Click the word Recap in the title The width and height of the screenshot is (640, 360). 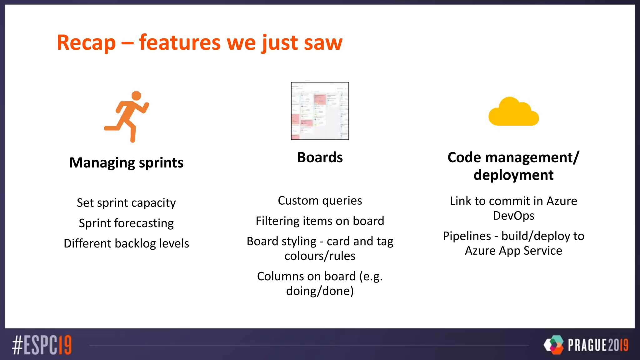pyautogui.click(x=86, y=43)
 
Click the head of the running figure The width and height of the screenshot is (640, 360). pyautogui.click(x=136, y=96)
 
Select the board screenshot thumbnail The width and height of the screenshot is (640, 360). pyautogui.click(x=320, y=111)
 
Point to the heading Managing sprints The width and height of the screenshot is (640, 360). pyautogui.click(x=126, y=163)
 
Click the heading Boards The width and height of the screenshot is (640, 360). pyautogui.click(x=320, y=157)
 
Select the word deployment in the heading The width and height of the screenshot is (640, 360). pyautogui.click(x=513, y=175)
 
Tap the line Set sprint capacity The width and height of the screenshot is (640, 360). pyautogui.click(x=126, y=203)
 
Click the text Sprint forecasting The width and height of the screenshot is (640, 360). pyautogui.click(x=126, y=223)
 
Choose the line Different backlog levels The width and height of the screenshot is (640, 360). pyautogui.click(x=126, y=243)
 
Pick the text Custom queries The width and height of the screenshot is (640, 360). pyautogui.click(x=320, y=201)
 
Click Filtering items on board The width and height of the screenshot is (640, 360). pyautogui.click(x=320, y=221)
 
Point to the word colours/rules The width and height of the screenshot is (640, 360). pyautogui.click(x=320, y=256)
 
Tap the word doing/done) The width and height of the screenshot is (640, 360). pyautogui.click(x=320, y=291)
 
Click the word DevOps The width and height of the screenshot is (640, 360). pyautogui.click(x=513, y=216)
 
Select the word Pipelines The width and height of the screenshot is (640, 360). pyautogui.click(x=467, y=236)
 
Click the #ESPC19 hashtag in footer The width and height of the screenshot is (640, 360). pyautogui.click(x=42, y=345)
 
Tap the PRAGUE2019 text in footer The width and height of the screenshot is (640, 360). pyautogui.click(x=598, y=345)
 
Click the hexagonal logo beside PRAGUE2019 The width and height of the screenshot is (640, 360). pyautogui.click(x=554, y=345)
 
